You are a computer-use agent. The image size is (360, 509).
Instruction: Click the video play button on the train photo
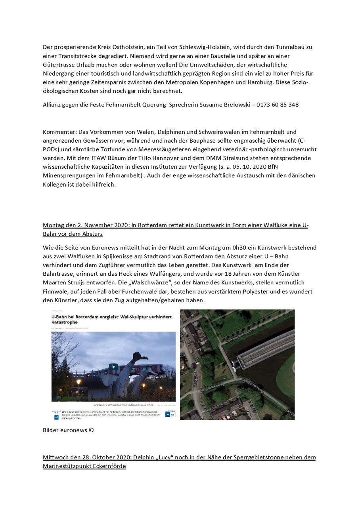click(x=113, y=367)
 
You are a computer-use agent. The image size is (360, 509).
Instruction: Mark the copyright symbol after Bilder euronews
click(x=92, y=430)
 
